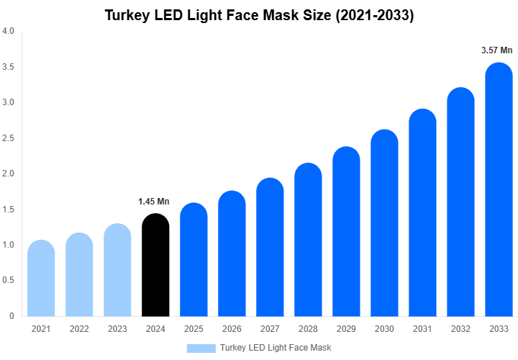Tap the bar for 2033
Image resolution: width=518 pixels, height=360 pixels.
(499, 191)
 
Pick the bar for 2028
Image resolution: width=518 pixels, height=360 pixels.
(308, 241)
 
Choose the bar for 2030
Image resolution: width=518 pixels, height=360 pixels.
(384, 225)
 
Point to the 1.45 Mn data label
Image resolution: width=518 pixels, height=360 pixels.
(153, 202)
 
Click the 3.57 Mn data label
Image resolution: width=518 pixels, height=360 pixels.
(496, 50)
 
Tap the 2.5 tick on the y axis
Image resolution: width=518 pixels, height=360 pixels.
(8, 138)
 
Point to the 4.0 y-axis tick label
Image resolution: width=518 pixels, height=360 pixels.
(8, 32)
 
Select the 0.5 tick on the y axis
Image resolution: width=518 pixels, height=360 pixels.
(8, 281)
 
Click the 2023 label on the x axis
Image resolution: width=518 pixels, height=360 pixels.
(117, 329)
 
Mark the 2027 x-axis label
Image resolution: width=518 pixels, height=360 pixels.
(270, 329)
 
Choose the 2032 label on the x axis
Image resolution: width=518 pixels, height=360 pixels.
(460, 329)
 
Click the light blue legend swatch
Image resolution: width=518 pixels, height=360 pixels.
(201, 348)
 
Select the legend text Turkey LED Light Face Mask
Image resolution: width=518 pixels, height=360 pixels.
(276, 348)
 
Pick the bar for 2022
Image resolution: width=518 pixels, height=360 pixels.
(79, 276)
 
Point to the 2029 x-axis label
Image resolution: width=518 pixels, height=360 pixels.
(346, 329)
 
